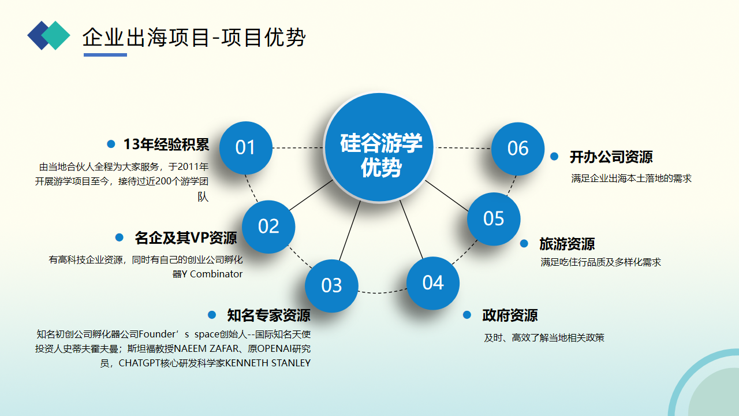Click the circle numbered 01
(246, 148)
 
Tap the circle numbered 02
(268, 227)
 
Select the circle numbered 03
(331, 286)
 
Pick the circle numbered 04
(433, 283)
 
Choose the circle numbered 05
(494, 219)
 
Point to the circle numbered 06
(518, 149)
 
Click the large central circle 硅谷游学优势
(379, 147)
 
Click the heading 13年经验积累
(166, 144)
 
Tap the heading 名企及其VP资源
(186, 237)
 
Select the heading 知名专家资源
(269, 315)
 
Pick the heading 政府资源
(510, 315)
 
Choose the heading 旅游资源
(567, 244)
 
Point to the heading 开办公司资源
(611, 157)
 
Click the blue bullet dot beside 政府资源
(467, 315)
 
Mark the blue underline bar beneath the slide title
(105, 55)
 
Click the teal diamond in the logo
(55, 35)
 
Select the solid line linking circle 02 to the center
(311, 195)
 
